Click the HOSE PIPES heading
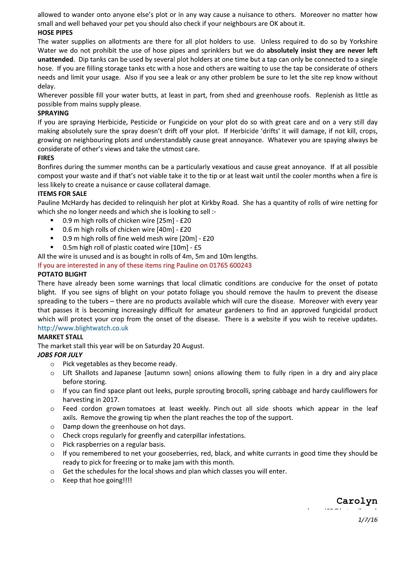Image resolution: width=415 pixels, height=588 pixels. point(55,33)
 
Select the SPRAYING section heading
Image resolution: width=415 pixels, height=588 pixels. point(53,113)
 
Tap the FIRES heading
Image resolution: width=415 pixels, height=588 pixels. point(46,158)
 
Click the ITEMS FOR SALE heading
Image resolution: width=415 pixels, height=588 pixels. point(62,194)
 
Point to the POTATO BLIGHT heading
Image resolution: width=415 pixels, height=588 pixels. point(62,274)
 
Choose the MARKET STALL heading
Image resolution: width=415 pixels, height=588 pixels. point(60,337)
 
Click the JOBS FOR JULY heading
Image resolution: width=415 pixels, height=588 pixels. point(60,355)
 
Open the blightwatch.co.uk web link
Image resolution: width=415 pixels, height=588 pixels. point(83,328)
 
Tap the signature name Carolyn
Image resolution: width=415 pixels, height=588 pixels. point(357,501)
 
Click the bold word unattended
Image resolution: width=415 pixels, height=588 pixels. point(55,59)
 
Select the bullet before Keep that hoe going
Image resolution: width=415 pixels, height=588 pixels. point(52,481)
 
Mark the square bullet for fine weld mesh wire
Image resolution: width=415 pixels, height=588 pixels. point(52,238)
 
